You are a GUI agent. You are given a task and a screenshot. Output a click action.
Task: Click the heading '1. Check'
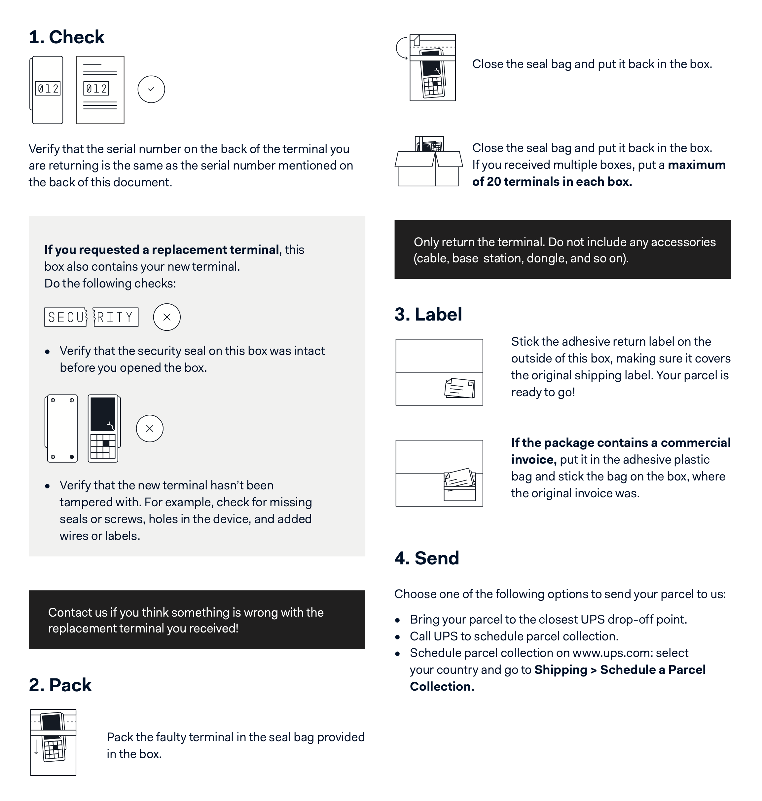67,37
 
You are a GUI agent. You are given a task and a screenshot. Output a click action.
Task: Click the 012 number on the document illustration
96,88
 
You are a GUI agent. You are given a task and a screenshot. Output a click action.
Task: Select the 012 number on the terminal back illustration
48,88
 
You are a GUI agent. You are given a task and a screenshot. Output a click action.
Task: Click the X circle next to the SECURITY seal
166,317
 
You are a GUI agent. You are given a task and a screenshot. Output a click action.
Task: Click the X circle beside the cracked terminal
150,428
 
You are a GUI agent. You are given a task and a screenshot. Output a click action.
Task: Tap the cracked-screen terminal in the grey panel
104,428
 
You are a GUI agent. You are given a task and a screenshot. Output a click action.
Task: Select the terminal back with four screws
61,428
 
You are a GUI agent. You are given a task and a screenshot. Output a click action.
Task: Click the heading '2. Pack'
60,685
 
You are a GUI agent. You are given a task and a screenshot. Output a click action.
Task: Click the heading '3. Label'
428,314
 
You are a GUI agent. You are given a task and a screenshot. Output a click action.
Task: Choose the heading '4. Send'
426,558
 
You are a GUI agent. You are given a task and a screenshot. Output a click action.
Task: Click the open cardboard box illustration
428,163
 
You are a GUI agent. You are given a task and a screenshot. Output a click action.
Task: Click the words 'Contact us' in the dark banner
78,612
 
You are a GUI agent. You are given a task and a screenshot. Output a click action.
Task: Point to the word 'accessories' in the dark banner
683,242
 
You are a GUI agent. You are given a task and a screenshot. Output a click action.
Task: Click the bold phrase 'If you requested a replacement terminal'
162,249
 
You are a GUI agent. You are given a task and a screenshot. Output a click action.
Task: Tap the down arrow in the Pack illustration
36,747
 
